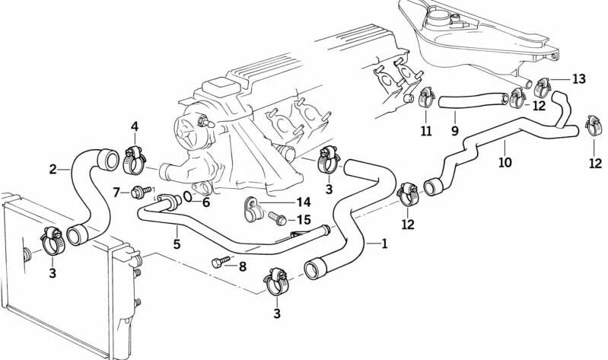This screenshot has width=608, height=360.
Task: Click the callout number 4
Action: [x=135, y=126]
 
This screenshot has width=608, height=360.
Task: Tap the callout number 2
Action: [x=53, y=170]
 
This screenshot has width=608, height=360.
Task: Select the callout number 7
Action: [x=116, y=192]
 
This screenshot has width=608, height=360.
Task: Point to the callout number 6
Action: [x=205, y=202]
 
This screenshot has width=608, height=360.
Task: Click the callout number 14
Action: [x=304, y=202]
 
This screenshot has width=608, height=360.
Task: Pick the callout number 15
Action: [x=304, y=220]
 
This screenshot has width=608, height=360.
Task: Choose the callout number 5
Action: [x=177, y=244]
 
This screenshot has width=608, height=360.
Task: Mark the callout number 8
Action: [x=242, y=266]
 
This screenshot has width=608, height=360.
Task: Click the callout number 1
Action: [x=384, y=244]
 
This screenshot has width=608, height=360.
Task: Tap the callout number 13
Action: [x=578, y=79]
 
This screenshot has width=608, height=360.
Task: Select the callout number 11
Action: [x=426, y=132]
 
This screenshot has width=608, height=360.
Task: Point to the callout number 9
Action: [x=455, y=131]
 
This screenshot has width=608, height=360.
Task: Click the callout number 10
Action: [x=505, y=162]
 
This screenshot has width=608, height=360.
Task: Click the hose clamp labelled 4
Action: [x=134, y=160]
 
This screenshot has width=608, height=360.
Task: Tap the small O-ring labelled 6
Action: [x=188, y=196]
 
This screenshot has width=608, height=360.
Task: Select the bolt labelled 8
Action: [x=221, y=262]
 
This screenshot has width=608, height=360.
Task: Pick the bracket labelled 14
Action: [x=253, y=209]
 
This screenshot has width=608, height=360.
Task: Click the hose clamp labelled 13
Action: [x=543, y=88]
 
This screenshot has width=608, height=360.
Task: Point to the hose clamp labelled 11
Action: [x=426, y=97]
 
